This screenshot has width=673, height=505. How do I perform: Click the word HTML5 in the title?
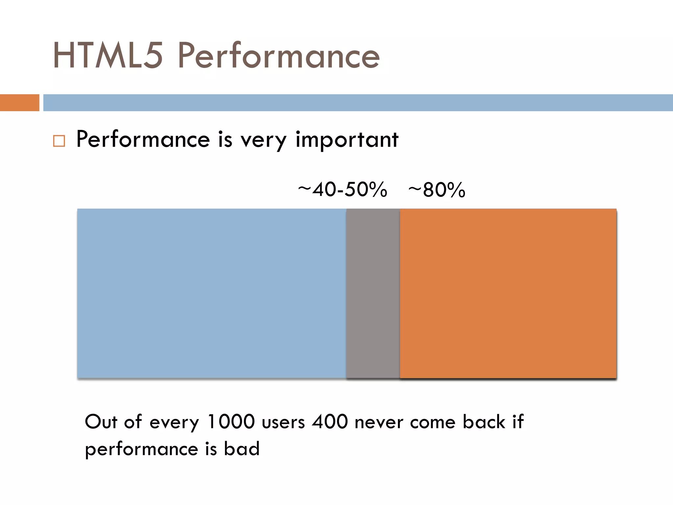point(108,56)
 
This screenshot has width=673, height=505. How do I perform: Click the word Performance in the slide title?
point(279,56)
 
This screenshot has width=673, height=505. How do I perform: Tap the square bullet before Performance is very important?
point(59,141)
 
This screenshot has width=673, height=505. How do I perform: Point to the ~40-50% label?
point(342,190)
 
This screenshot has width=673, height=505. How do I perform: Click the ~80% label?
point(437,190)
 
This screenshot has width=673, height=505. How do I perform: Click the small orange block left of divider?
point(19,103)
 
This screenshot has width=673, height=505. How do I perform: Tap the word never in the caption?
point(379,422)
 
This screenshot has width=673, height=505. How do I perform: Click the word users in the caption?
point(284,422)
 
